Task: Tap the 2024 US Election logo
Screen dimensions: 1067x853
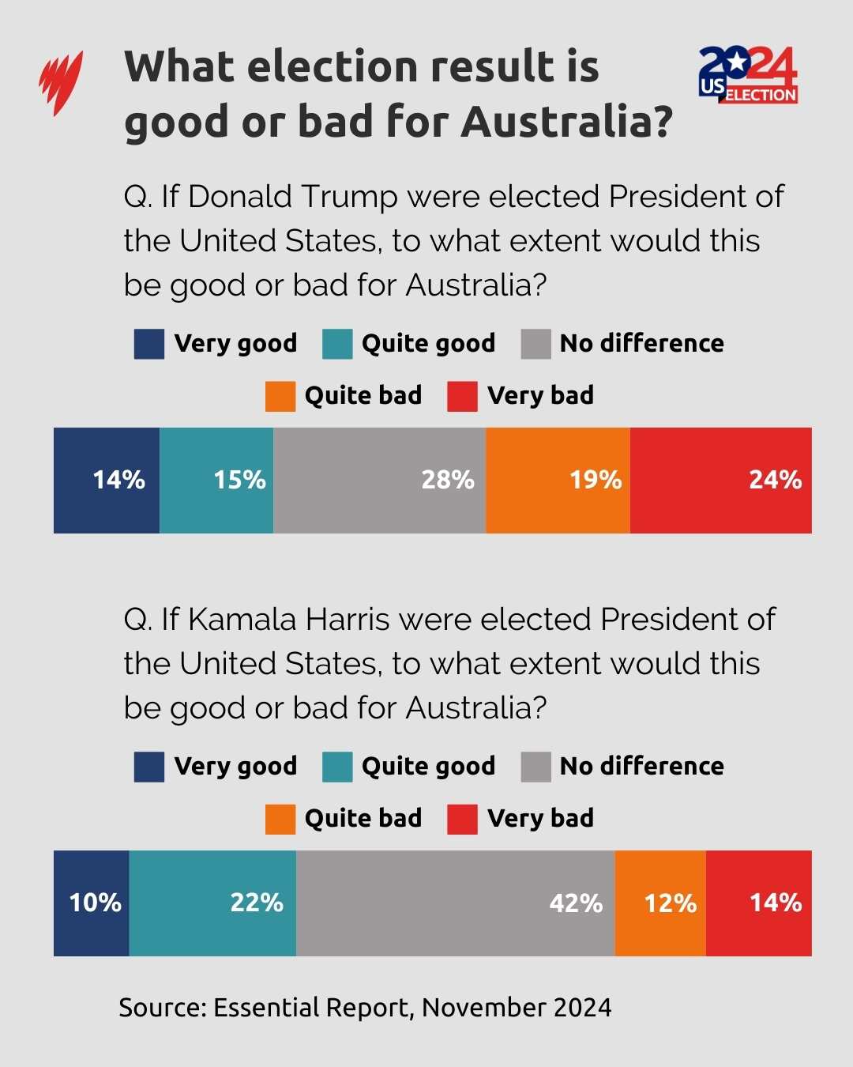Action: [x=747, y=75]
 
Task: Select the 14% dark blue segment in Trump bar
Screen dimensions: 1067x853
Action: [x=107, y=480]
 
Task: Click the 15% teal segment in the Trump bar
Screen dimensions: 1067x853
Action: [x=216, y=480]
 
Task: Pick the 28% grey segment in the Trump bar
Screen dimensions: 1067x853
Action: [x=379, y=480]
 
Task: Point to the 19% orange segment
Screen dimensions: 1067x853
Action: [x=558, y=480]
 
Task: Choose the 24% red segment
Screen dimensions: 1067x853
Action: [x=720, y=480]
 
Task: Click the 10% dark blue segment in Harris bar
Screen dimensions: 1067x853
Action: [x=91, y=903]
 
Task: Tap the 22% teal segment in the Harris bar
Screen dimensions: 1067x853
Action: [x=212, y=903]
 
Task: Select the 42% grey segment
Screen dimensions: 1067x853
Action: [x=455, y=903]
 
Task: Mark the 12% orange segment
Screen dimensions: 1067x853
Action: [x=660, y=903]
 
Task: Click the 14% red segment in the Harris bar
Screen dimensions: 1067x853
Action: [x=758, y=903]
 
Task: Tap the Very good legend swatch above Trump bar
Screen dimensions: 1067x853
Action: [x=149, y=344]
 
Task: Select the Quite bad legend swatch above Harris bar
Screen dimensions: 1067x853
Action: [x=280, y=819]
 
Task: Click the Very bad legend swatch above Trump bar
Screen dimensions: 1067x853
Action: [x=462, y=396]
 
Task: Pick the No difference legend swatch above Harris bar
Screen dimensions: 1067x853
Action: [x=535, y=767]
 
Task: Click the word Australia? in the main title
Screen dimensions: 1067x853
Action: [x=567, y=122]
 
